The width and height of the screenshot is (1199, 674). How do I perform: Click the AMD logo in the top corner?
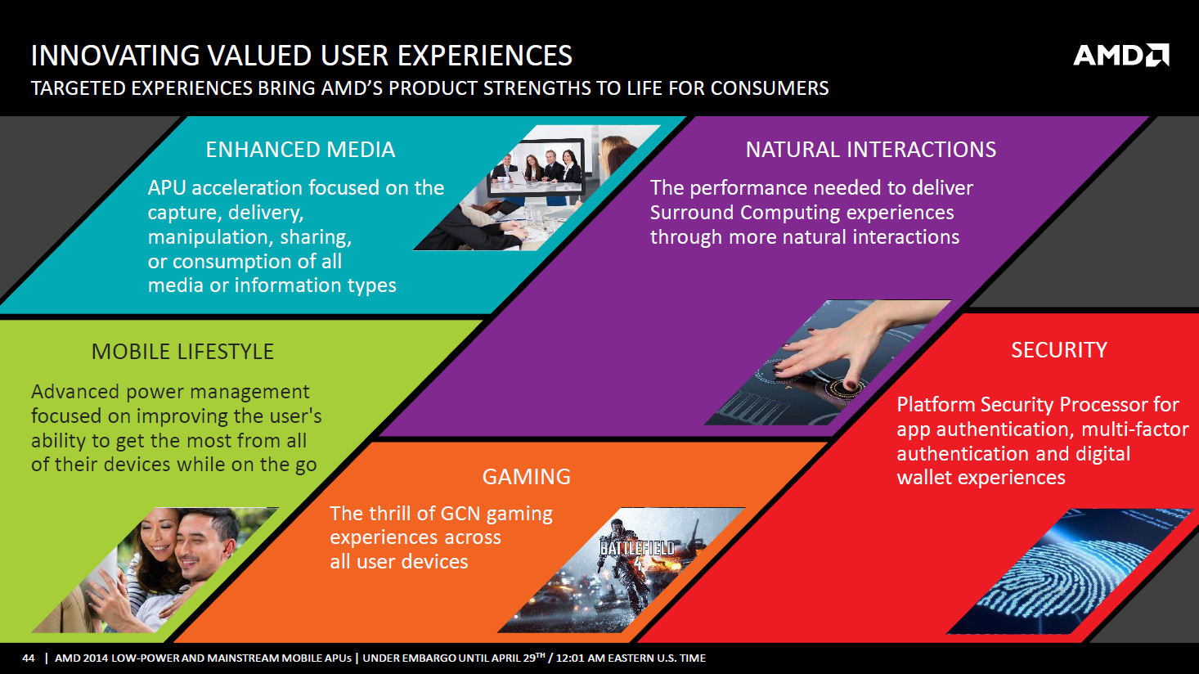coord(1120,55)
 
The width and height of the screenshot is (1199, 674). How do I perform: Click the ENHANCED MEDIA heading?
coord(300,150)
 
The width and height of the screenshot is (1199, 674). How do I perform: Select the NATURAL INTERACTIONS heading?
coord(871,150)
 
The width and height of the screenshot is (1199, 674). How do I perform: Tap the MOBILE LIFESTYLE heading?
coord(182,352)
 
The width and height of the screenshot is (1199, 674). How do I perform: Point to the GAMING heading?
coord(526,476)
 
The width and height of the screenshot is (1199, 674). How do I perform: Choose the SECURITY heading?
coord(1059,350)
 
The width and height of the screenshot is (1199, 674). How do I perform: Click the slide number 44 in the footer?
coord(29,658)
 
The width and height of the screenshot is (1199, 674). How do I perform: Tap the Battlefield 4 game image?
coord(622,570)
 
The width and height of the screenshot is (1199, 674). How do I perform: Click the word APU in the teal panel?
coord(167,188)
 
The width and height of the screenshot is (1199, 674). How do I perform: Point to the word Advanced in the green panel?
coord(75,392)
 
